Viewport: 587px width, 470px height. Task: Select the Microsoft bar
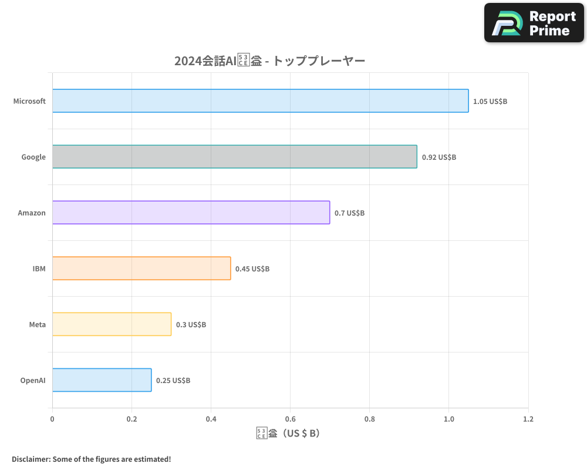coord(260,101)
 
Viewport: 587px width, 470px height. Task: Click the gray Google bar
coord(234,157)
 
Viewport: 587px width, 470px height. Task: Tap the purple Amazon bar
coord(191,213)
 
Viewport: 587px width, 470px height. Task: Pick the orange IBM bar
coord(141,268)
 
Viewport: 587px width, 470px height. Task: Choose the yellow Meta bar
coord(112,324)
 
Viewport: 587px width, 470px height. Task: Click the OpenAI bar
coord(102,380)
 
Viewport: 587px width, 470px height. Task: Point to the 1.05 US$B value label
coord(490,102)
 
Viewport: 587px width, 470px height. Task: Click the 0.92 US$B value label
coord(438,157)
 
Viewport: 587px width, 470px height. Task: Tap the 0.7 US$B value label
coord(349,213)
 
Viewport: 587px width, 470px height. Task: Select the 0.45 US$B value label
coord(252,269)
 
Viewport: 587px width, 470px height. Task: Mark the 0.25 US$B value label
coord(173,381)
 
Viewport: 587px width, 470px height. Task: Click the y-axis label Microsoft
coord(29,101)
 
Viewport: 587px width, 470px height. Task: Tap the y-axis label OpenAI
coord(33,380)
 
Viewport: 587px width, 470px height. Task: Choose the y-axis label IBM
coord(39,268)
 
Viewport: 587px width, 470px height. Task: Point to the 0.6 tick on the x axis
coord(290,419)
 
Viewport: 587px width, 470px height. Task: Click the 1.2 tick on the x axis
coord(528,419)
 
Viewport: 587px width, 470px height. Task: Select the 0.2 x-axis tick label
coord(131,419)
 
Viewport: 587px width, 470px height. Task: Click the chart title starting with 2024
coord(269,61)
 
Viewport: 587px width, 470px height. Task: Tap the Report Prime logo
coord(534,23)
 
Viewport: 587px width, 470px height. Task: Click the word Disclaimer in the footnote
coord(31,459)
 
